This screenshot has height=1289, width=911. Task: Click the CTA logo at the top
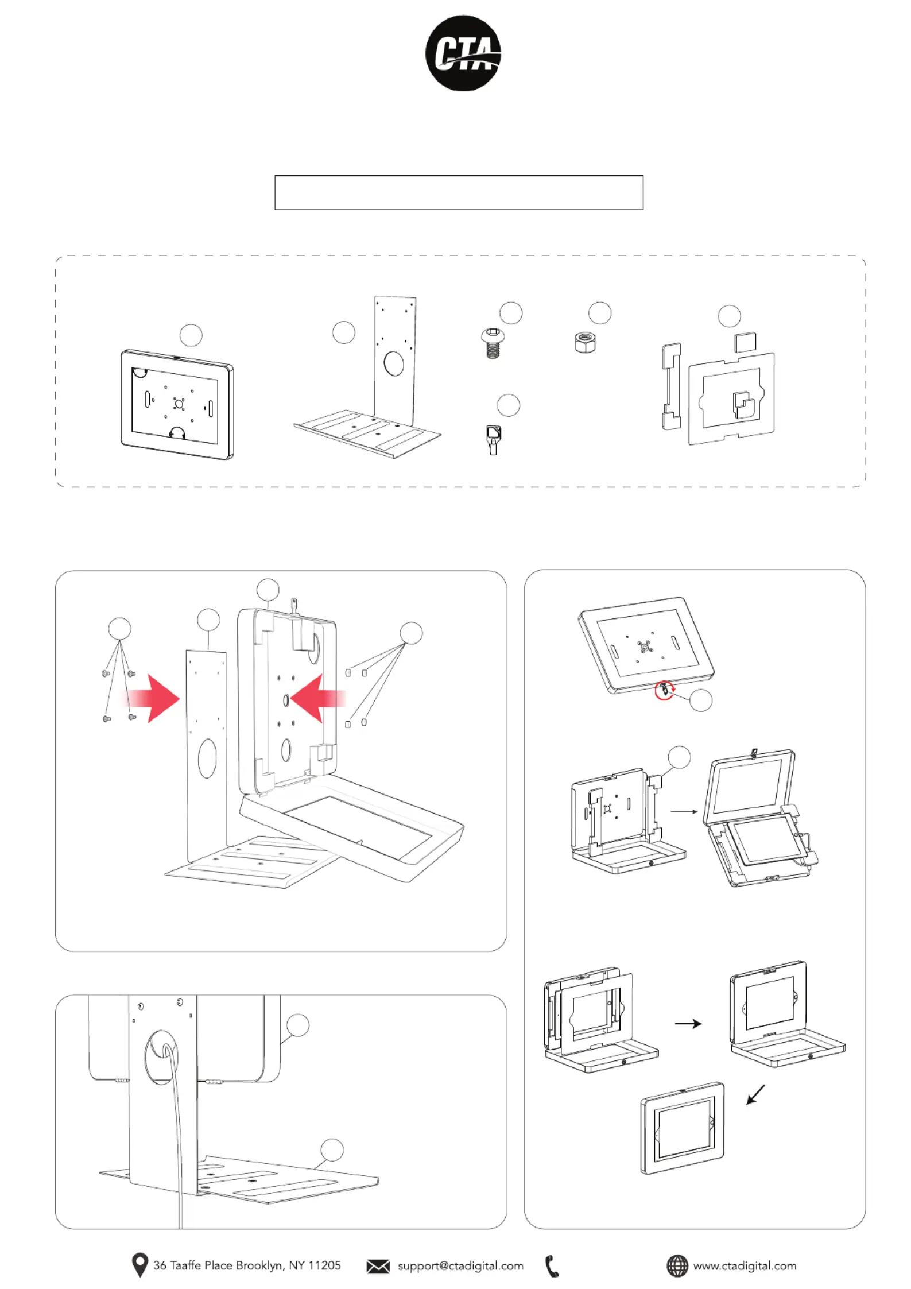click(x=463, y=53)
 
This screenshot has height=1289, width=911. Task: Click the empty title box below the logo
click(x=459, y=192)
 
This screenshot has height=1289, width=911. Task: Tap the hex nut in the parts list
click(x=585, y=343)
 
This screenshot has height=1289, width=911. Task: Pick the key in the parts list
click(x=493, y=440)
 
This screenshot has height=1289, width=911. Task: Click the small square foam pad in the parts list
click(x=745, y=342)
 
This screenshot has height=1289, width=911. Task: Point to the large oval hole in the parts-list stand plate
click(x=394, y=363)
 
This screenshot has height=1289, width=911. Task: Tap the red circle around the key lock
click(x=664, y=690)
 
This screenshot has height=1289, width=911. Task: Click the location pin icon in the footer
click(x=139, y=1264)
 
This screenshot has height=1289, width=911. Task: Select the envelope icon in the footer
click(x=378, y=1266)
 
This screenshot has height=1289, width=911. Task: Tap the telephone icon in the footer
click(x=552, y=1266)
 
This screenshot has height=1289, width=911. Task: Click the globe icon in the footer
click(x=677, y=1265)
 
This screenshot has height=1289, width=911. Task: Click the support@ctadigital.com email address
click(x=460, y=1266)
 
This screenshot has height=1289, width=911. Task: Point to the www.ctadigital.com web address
click(x=745, y=1266)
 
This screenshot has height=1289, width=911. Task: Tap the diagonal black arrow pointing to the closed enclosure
click(x=756, y=1094)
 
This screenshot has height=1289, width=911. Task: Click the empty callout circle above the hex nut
click(x=600, y=313)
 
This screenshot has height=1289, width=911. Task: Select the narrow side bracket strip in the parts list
click(x=671, y=386)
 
